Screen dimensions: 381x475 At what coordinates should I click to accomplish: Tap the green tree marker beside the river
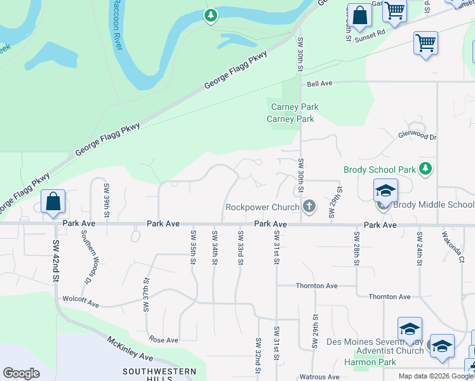coord(211,15)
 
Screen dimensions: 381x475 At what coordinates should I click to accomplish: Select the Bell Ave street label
coord(319,83)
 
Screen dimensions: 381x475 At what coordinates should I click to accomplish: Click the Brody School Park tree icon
coord(426,169)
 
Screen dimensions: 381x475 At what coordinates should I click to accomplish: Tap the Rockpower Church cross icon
coord(309,206)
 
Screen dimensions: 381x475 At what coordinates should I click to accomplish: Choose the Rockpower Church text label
coord(262,207)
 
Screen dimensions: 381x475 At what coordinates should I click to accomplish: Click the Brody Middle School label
coord(434,204)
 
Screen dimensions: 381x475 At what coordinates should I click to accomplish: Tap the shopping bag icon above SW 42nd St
coord(53,201)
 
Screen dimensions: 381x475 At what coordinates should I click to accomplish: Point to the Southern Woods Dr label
coord(84,256)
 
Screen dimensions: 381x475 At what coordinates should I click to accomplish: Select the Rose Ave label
coord(163,340)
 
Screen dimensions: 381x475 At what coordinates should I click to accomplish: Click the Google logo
coord(21,373)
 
